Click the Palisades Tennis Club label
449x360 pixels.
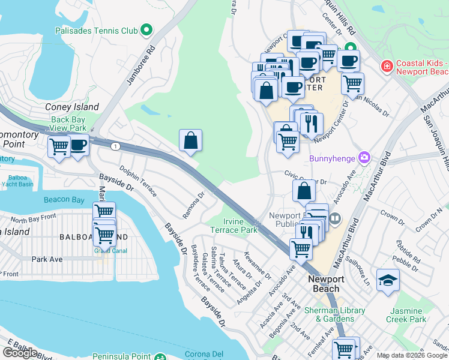[x=96, y=29]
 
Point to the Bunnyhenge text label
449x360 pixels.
[x=333, y=159]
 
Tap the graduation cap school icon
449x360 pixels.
[x=388, y=280]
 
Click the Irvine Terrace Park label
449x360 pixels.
[x=234, y=226]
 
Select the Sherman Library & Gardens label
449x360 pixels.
[x=334, y=314]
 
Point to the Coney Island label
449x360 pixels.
[x=72, y=107]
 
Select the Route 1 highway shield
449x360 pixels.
[x=114, y=146]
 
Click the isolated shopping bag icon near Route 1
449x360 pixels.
[x=190, y=141]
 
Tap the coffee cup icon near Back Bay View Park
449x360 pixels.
[x=78, y=145]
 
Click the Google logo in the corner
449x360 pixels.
[x=20, y=353]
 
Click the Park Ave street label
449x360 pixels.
[x=47, y=259]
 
